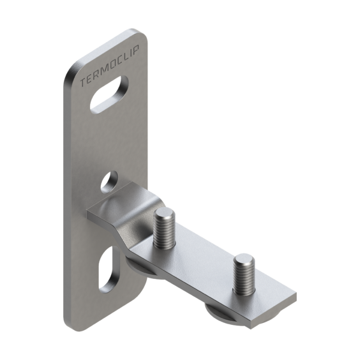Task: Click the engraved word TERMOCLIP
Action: [x=110, y=66]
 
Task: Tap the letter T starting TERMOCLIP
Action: [x=83, y=83]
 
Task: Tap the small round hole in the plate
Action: [x=109, y=181]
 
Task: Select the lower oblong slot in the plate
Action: [x=109, y=269]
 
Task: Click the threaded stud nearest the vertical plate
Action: [x=164, y=230]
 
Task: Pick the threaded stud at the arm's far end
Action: [x=244, y=274]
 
